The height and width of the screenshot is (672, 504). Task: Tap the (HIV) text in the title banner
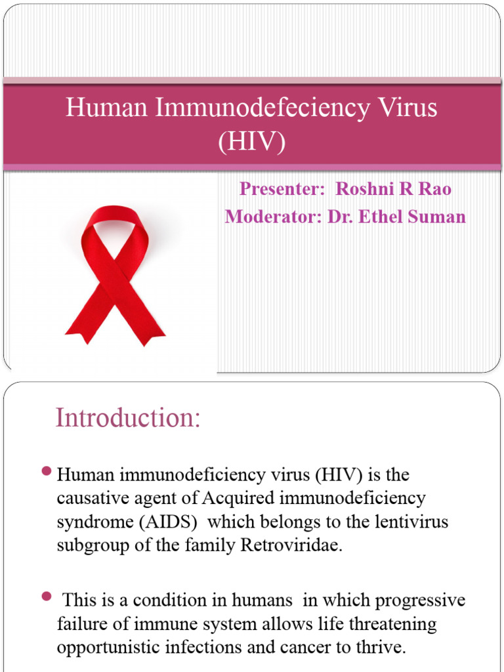tap(252, 141)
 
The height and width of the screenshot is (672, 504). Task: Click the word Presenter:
tap(282, 189)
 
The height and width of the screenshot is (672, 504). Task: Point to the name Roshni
tap(365, 189)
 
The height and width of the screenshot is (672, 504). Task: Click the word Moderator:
tap(269, 217)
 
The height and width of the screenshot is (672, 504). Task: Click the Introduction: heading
tap(128, 418)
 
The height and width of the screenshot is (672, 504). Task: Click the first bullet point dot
tap(46, 471)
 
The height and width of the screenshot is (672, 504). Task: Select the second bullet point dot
tap(46, 597)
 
